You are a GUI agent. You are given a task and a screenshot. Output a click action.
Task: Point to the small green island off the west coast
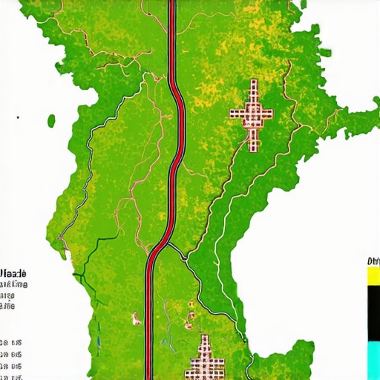point(52,119)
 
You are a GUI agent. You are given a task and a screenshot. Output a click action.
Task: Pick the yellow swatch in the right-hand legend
point(373,275)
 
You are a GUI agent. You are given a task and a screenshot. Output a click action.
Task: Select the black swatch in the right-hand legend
point(373,312)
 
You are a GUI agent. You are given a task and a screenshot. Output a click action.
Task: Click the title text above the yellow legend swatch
point(373,261)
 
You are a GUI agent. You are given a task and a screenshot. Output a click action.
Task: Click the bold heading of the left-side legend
point(14,274)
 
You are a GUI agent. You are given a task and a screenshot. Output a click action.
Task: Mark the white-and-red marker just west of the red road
point(136,319)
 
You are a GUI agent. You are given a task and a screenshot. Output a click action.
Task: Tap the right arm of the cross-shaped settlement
point(267,114)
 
